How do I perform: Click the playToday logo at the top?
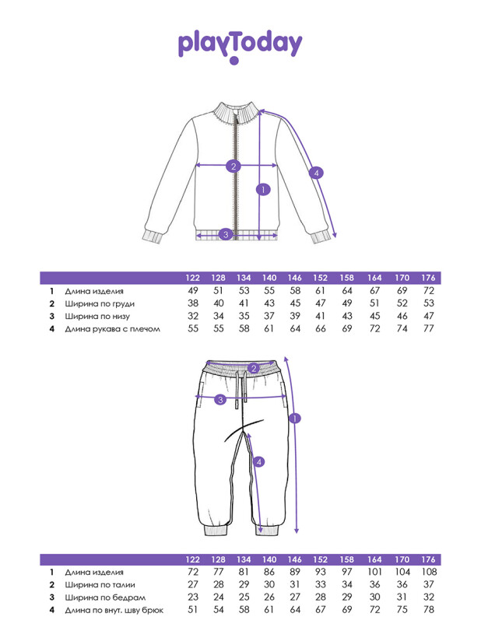coord(240,45)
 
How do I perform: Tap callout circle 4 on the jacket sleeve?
coord(316,173)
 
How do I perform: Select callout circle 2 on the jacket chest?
coord(233,165)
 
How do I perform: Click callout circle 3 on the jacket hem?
coord(225,233)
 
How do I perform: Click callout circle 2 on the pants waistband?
coord(253,368)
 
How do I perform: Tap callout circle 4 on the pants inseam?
coord(259,461)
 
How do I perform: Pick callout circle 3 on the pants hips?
coord(221,399)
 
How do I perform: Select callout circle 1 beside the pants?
coord(294,419)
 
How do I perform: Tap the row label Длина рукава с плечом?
coord(112,329)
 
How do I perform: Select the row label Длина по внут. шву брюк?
coord(114,610)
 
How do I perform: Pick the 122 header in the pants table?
coord(193,559)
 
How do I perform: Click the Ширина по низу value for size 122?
coord(193,317)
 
